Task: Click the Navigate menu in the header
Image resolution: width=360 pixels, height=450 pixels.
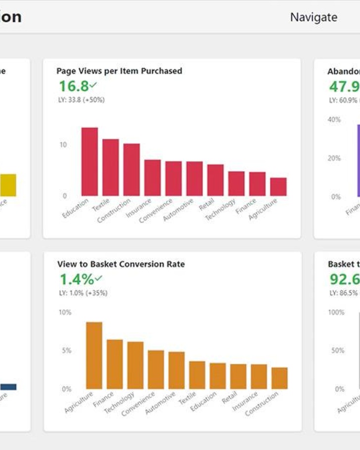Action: pyautogui.click(x=314, y=17)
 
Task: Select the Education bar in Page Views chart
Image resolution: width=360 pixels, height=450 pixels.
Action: pyautogui.click(x=90, y=162)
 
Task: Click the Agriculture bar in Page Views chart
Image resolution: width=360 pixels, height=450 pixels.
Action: pyautogui.click(x=278, y=187)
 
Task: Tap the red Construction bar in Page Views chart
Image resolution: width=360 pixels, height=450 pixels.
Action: pyautogui.click(x=132, y=170)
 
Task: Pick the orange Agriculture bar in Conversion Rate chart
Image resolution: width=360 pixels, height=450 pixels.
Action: pyautogui.click(x=94, y=356)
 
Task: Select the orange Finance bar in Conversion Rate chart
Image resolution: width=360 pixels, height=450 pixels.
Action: pyautogui.click(x=115, y=364)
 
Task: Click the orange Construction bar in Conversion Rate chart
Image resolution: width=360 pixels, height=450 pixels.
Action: pyautogui.click(x=279, y=378)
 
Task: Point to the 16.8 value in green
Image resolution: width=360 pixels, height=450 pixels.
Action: pyautogui.click(x=74, y=86)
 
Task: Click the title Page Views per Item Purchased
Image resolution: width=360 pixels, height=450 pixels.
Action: pyautogui.click(x=119, y=71)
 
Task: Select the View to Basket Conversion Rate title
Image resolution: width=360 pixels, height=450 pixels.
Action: pyautogui.click(x=121, y=264)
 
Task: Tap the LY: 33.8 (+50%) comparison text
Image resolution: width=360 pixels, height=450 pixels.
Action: pyautogui.click(x=82, y=100)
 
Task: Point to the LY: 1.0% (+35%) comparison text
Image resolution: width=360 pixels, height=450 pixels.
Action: pyautogui.click(x=83, y=293)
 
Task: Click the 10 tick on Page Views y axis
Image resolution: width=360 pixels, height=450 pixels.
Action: pyautogui.click(x=63, y=145)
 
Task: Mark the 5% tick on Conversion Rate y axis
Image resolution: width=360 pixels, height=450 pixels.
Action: pyautogui.click(x=66, y=351)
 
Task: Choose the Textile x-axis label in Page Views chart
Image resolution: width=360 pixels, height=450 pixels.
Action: pyautogui.click(x=101, y=205)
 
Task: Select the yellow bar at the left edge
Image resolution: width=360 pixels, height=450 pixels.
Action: pyautogui.click(x=8, y=185)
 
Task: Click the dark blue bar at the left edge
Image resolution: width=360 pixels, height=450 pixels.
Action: pyautogui.click(x=8, y=387)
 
